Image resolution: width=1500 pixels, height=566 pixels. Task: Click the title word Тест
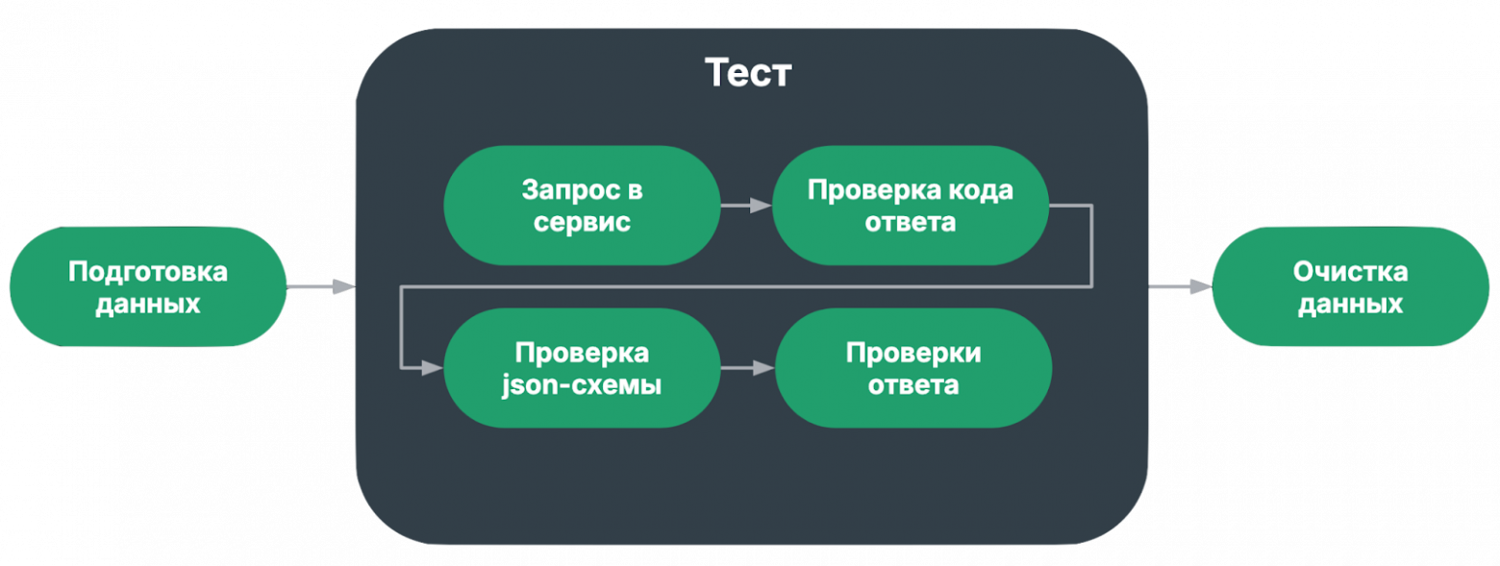click(x=747, y=73)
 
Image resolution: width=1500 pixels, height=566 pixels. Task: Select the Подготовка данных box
click(x=147, y=287)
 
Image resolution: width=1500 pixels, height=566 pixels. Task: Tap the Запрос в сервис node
click(x=582, y=206)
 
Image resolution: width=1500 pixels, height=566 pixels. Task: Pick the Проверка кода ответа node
click(x=910, y=206)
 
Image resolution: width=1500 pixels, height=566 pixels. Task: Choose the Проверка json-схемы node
click(x=582, y=369)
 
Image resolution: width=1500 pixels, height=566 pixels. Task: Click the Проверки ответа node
click(x=913, y=369)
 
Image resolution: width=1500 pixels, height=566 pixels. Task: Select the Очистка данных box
click(x=1350, y=287)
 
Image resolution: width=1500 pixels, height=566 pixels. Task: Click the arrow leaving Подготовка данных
click(x=321, y=286)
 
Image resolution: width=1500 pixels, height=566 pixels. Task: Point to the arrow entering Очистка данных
click(x=1180, y=286)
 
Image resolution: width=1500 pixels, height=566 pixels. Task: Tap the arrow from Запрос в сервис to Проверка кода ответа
click(x=746, y=206)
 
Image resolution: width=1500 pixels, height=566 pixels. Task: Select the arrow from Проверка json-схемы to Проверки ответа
click(x=747, y=368)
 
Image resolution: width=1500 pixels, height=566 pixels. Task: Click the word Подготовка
click(x=147, y=272)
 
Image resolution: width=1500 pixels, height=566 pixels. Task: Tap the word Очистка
click(x=1350, y=272)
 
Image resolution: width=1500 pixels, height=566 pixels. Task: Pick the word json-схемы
click(x=582, y=386)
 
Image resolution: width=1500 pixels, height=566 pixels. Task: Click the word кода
click(x=978, y=190)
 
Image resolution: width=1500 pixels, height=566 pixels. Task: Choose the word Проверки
click(x=913, y=353)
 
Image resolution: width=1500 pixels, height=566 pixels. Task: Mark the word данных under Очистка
click(x=1350, y=305)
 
